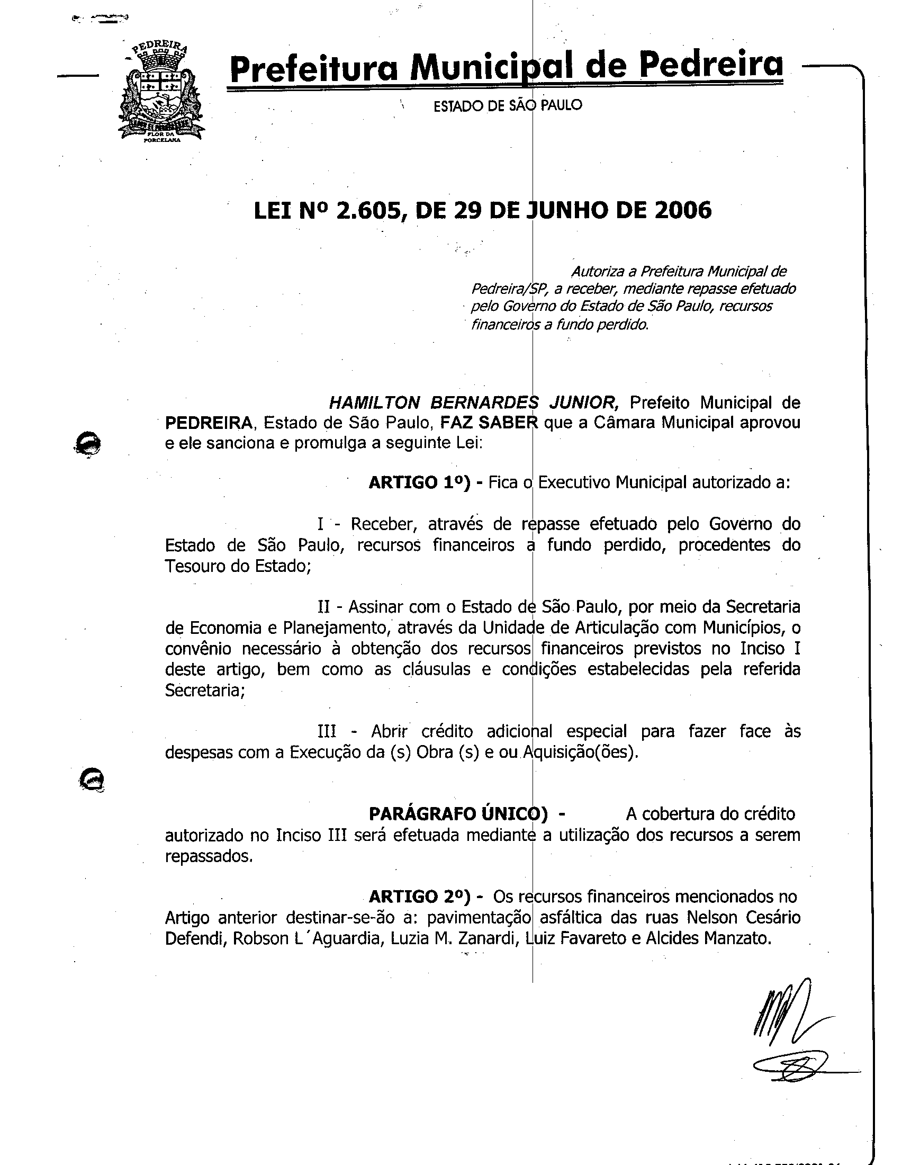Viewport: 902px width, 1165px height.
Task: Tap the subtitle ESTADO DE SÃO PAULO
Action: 508,105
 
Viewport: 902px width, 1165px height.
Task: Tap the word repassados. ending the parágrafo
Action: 209,856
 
